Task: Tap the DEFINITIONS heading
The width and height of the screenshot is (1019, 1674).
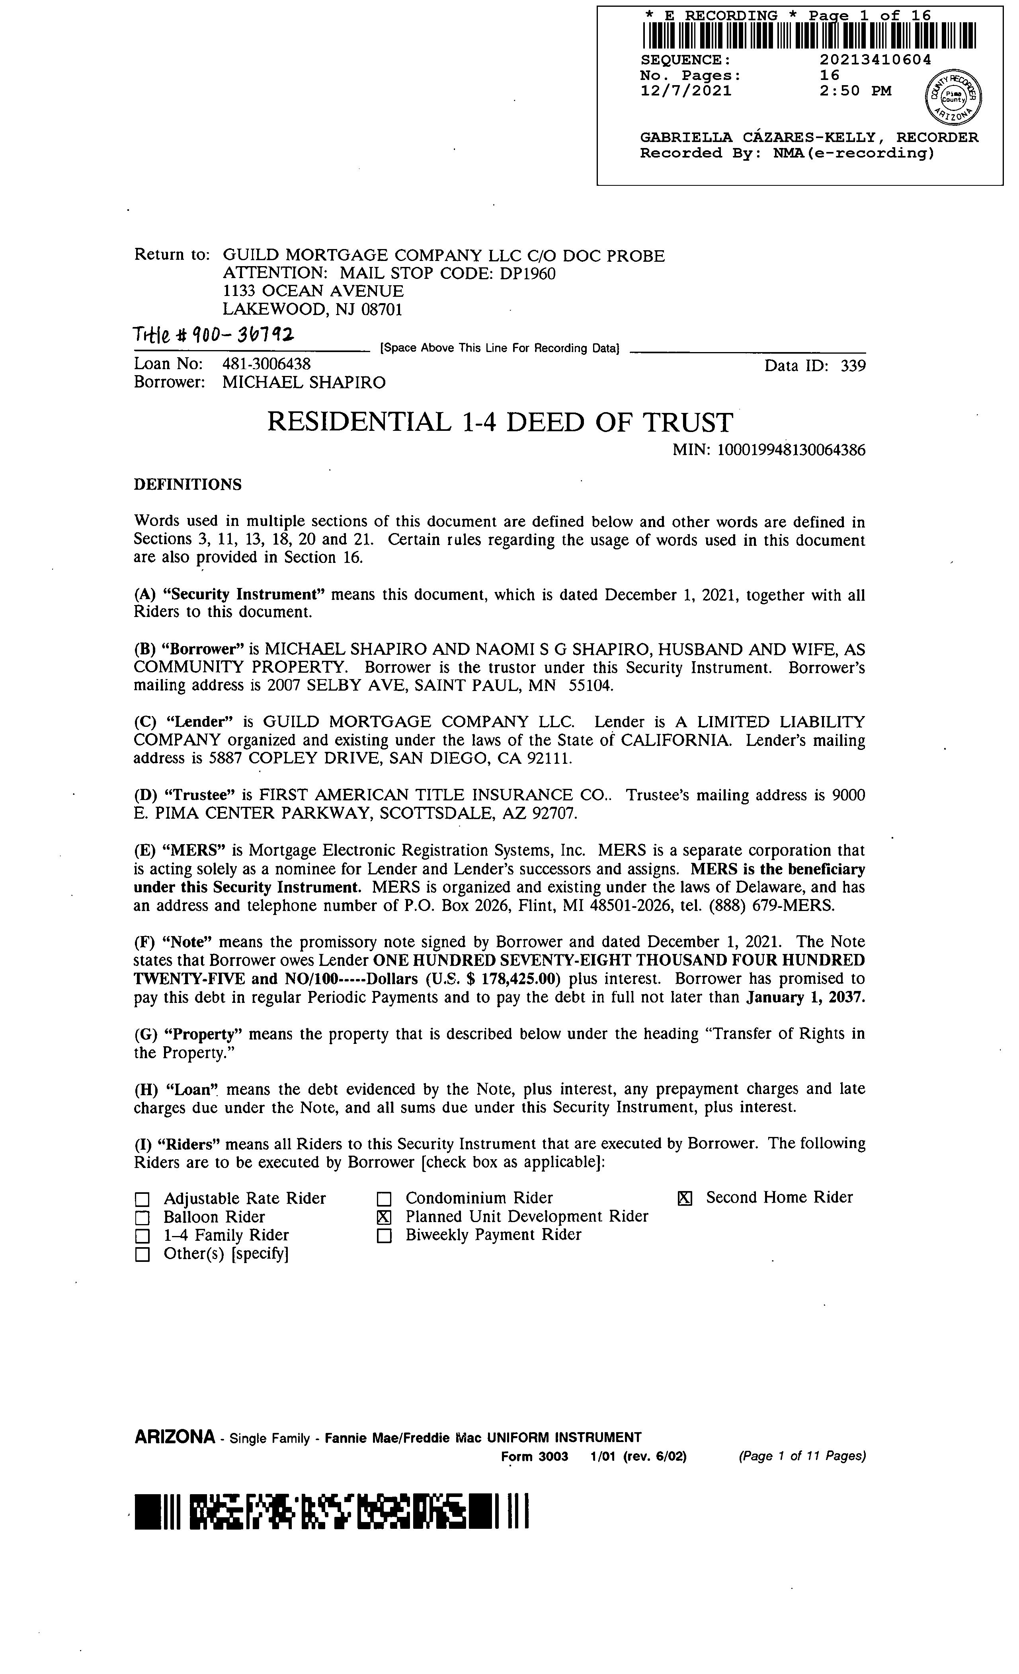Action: (187, 485)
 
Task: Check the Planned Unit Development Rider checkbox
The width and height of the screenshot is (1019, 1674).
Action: (385, 1217)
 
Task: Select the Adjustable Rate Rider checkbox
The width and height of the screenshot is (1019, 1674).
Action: (142, 1199)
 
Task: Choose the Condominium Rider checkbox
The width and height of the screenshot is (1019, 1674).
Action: (385, 1199)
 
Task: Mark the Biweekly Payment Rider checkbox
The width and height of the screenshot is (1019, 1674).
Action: (385, 1236)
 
